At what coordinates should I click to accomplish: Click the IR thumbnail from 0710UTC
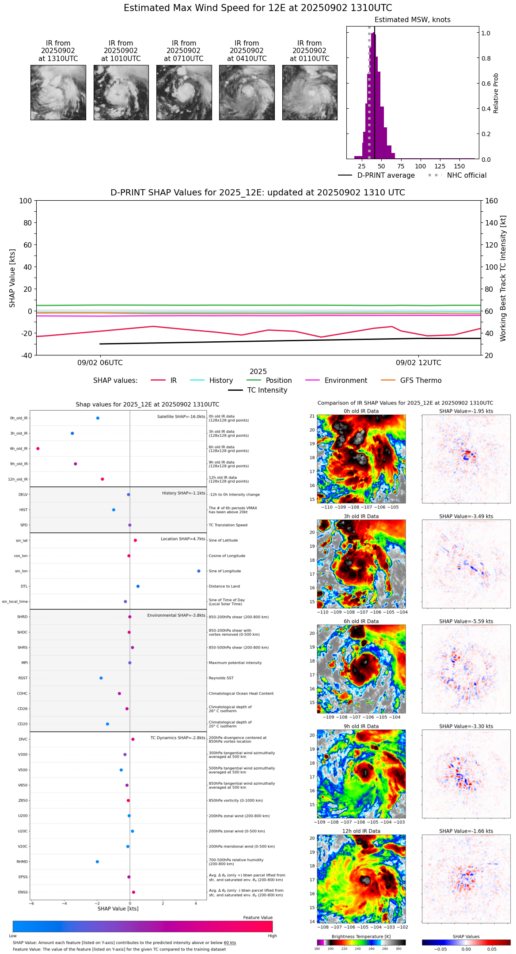pyautogui.click(x=184, y=92)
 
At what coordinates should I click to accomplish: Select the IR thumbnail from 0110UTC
pyautogui.click(x=310, y=92)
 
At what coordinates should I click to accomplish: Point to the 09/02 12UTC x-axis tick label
pyautogui.click(x=418, y=363)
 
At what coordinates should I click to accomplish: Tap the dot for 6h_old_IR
pyautogui.click(x=38, y=449)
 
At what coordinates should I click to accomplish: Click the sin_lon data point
pyautogui.click(x=199, y=571)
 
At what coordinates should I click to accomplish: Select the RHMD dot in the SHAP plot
pyautogui.click(x=97, y=862)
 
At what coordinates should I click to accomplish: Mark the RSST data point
pyautogui.click(x=101, y=678)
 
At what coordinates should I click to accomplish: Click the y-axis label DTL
pyautogui.click(x=24, y=587)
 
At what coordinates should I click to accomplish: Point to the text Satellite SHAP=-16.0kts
pyautogui.click(x=181, y=417)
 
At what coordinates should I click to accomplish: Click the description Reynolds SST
pyautogui.click(x=221, y=678)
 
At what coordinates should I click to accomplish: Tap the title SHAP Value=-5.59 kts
pyautogui.click(x=466, y=622)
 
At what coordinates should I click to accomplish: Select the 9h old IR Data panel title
pyautogui.click(x=361, y=726)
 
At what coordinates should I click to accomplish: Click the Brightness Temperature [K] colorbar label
pyautogui.click(x=361, y=936)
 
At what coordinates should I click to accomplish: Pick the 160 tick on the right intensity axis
pyautogui.click(x=492, y=201)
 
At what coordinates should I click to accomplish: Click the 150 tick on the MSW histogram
pyautogui.click(x=459, y=167)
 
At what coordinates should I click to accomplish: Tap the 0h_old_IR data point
pyautogui.click(x=98, y=418)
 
